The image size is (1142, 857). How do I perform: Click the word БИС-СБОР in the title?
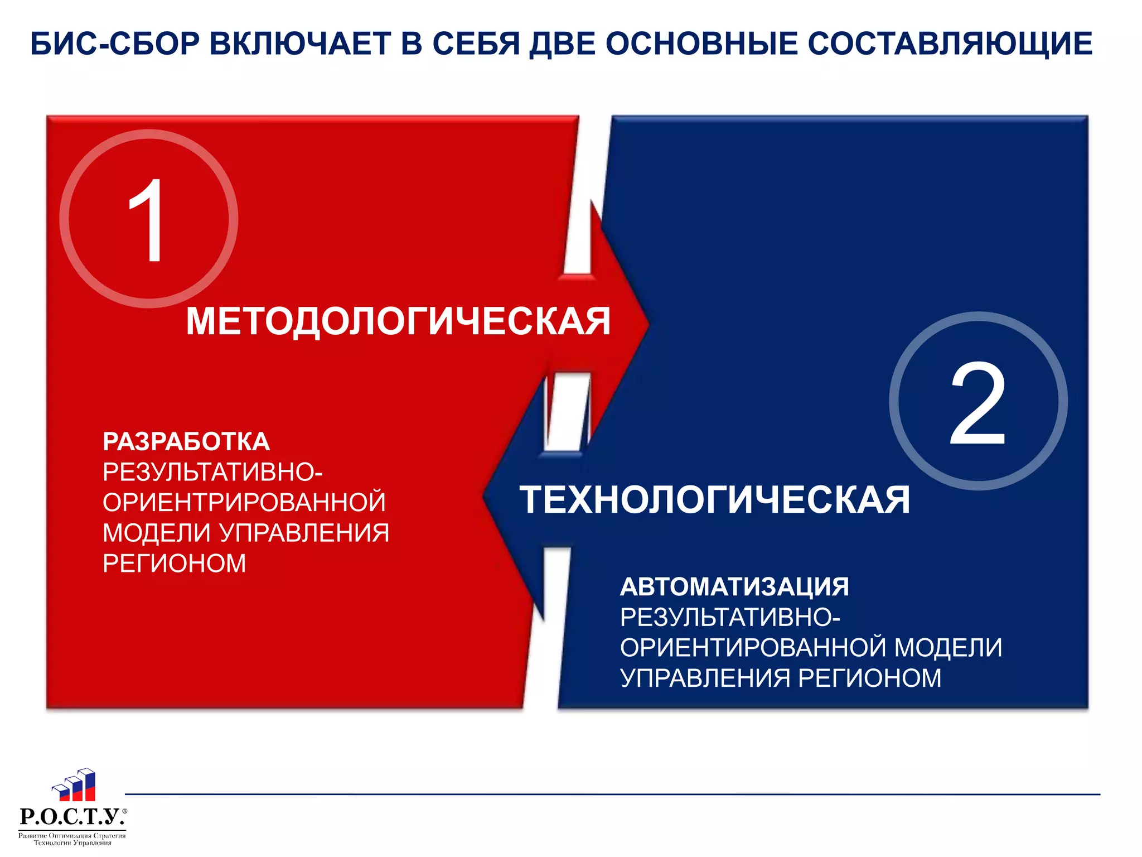click(114, 44)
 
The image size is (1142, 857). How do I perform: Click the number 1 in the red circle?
click(148, 220)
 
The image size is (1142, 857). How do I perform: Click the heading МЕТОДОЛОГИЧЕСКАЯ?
click(398, 321)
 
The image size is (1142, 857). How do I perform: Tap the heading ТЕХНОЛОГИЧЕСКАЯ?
click(714, 499)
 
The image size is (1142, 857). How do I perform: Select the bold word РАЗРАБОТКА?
click(186, 442)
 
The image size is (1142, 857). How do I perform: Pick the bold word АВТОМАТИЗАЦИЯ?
click(734, 587)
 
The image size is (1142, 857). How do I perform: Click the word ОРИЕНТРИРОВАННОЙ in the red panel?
click(244, 502)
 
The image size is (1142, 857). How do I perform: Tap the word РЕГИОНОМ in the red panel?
click(174, 563)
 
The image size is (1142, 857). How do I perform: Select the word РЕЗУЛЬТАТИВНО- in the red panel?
click(212, 472)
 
